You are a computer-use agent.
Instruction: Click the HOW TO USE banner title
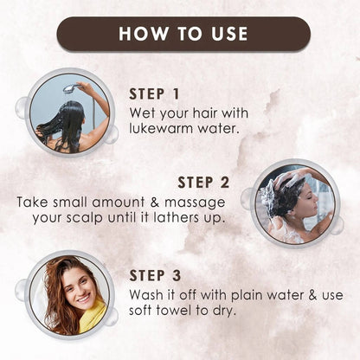(x=183, y=34)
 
